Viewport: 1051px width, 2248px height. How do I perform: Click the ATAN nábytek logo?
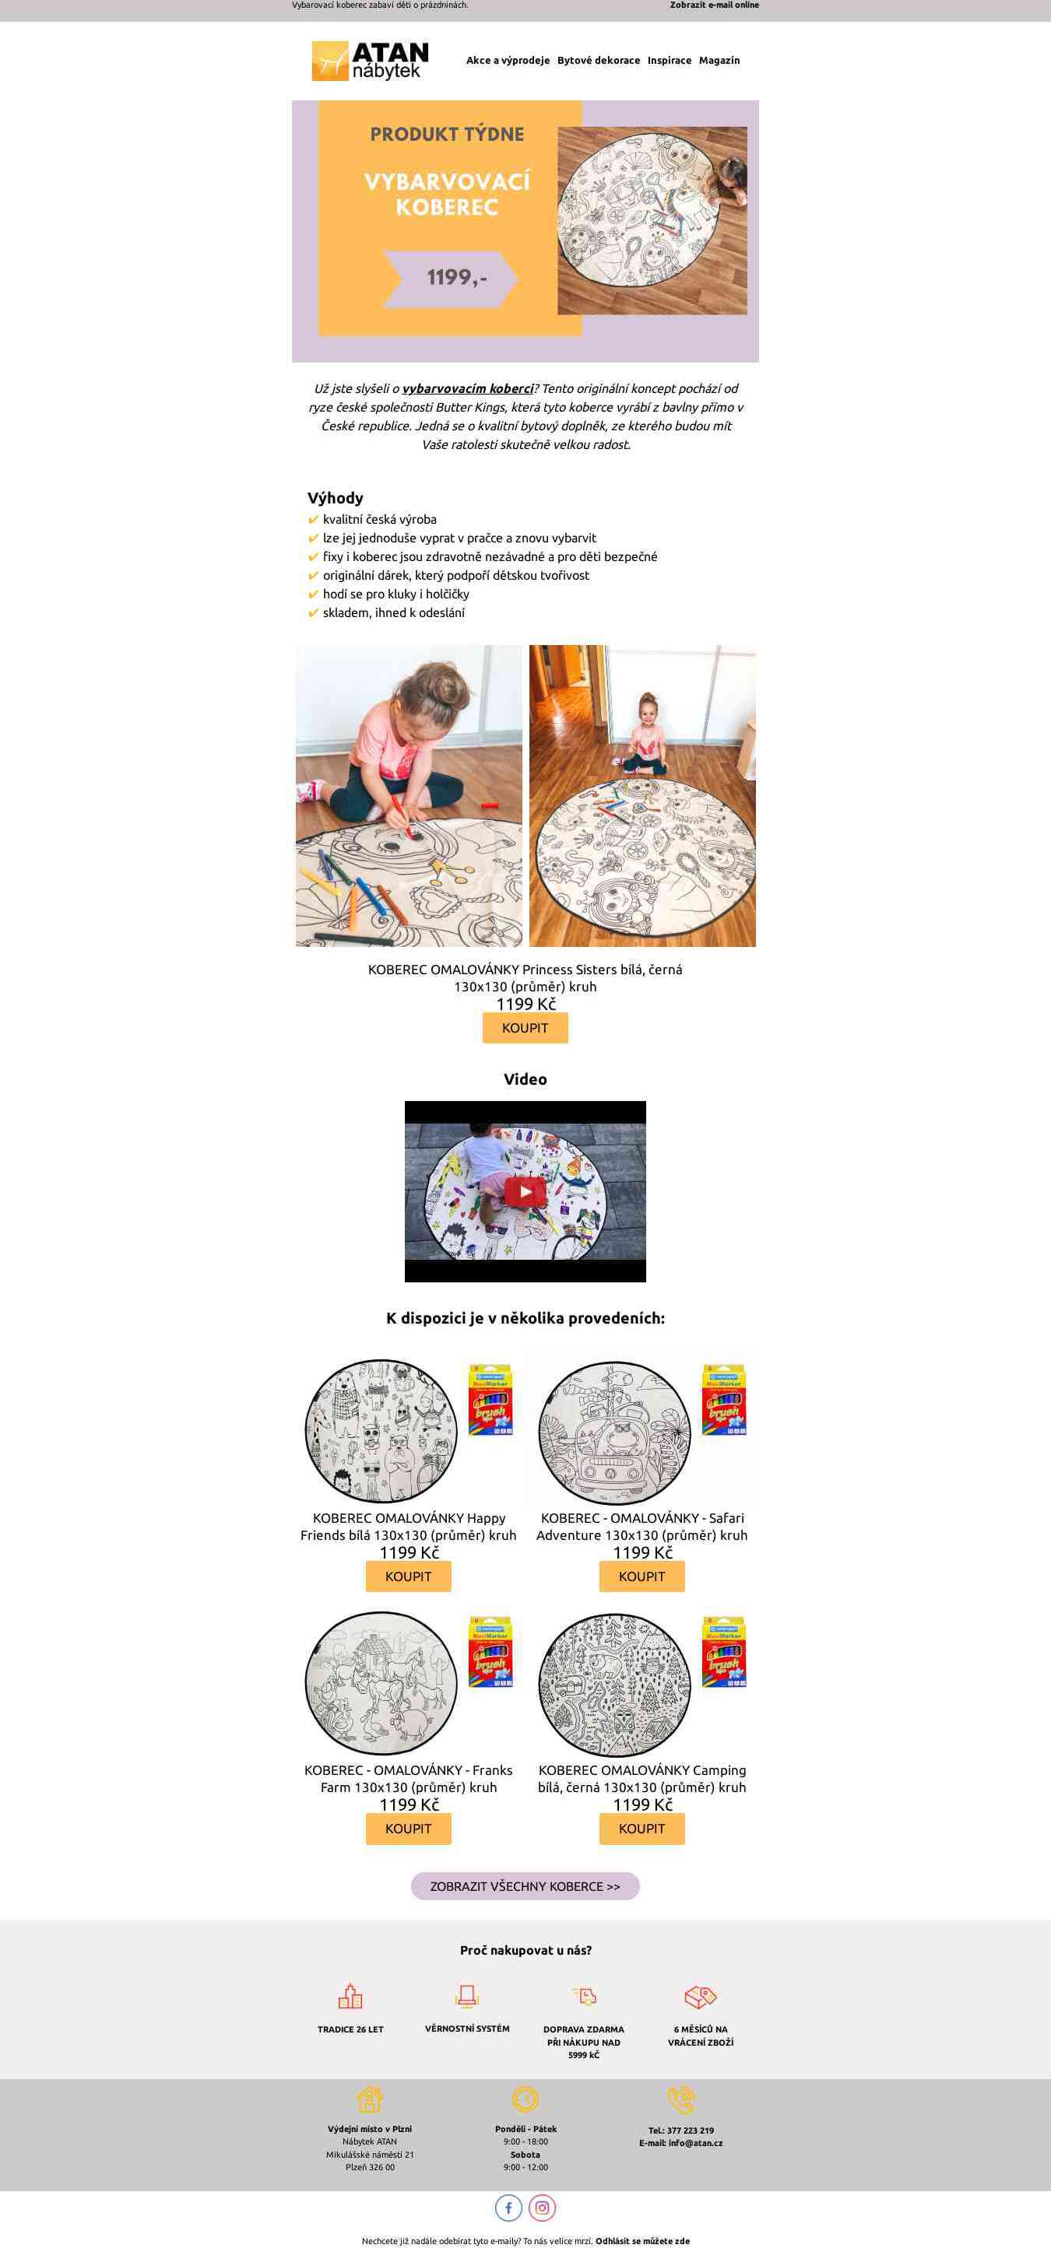click(370, 60)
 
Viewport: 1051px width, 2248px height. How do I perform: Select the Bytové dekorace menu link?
click(599, 60)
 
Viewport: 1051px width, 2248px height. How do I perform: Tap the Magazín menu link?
click(719, 60)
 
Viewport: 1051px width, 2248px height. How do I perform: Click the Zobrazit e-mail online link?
click(714, 5)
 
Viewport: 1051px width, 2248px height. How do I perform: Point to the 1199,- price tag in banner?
click(452, 279)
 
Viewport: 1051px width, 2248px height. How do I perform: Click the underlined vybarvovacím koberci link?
click(468, 389)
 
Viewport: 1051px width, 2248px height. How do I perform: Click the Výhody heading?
click(336, 498)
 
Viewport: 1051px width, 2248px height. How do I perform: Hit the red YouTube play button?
click(525, 1192)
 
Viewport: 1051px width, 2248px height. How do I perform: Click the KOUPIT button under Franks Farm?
click(409, 1829)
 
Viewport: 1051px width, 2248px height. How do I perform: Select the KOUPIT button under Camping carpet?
click(641, 1829)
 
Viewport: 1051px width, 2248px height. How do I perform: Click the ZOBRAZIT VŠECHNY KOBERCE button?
click(525, 1887)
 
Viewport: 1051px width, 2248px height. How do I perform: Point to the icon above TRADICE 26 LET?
click(350, 1997)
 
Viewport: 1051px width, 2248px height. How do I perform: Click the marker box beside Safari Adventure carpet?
click(725, 1401)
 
